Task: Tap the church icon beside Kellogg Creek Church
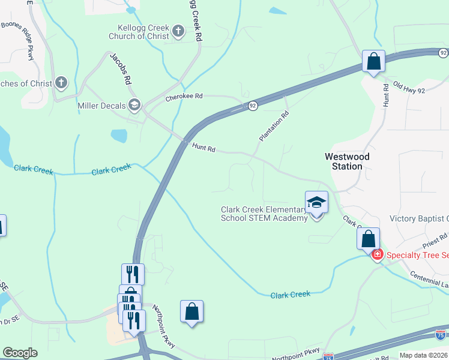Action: [178, 31]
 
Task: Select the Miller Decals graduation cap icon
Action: [134, 106]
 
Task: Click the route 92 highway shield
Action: [253, 106]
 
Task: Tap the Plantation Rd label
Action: [274, 126]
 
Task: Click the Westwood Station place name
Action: [347, 161]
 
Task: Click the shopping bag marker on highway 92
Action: [373, 61]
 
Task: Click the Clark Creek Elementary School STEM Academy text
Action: [264, 214]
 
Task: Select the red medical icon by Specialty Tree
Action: [378, 255]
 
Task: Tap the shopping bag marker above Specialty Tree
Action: [368, 238]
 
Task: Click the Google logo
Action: [20, 353]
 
